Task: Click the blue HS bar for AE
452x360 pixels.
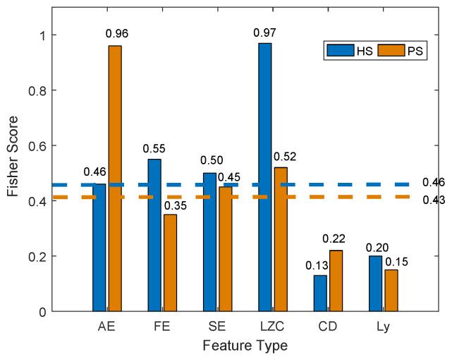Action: [x=99, y=247]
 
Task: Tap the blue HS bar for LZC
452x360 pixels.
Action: [x=264, y=176]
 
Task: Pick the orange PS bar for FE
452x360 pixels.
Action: [x=170, y=262]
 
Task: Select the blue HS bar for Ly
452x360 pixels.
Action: [x=375, y=283]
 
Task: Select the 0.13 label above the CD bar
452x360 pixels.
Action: [x=315, y=265]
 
